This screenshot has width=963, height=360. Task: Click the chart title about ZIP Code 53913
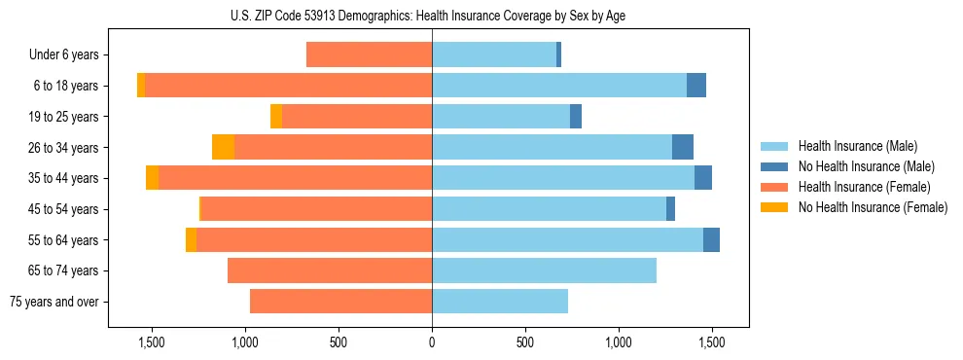pos(432,16)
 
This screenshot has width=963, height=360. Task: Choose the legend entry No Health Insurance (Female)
pos(873,207)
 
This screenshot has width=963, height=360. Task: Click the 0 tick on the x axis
pos(432,343)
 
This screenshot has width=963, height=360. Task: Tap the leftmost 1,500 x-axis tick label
pos(152,343)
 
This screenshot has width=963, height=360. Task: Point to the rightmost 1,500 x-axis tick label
pos(712,343)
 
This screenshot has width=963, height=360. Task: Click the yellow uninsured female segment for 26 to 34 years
pos(223,147)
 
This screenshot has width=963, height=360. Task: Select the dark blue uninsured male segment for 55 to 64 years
pos(711,239)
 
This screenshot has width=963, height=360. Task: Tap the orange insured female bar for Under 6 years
pos(370,54)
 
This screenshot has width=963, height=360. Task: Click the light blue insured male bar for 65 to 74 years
pos(545,270)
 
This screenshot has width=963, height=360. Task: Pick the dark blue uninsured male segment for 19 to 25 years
pos(576,116)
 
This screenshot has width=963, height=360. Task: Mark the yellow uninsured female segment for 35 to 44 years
pos(153,178)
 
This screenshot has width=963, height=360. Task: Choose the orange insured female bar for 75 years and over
pos(340,302)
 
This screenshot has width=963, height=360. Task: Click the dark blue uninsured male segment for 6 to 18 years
pos(696,86)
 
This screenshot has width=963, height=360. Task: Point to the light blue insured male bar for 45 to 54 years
pos(550,208)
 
